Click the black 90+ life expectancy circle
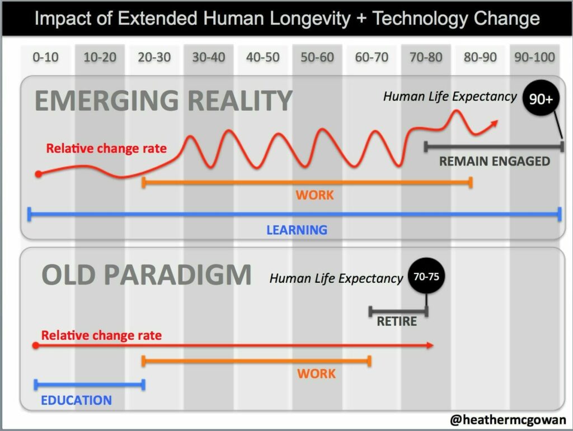click(x=541, y=100)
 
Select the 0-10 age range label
click(x=45, y=57)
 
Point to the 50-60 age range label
click(x=317, y=57)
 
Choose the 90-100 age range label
click(x=534, y=57)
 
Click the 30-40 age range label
click(x=208, y=57)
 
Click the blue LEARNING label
click(x=297, y=230)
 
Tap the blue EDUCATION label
click(x=76, y=400)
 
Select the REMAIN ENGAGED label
click(x=494, y=162)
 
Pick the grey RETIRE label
click(x=397, y=321)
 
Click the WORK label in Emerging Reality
click(x=314, y=195)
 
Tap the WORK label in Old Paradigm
click(x=316, y=373)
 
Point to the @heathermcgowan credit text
click(x=508, y=420)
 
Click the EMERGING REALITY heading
click(x=163, y=101)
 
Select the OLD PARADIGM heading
click(x=147, y=275)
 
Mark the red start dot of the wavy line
click(x=38, y=174)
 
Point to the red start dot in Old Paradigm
click(x=35, y=345)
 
